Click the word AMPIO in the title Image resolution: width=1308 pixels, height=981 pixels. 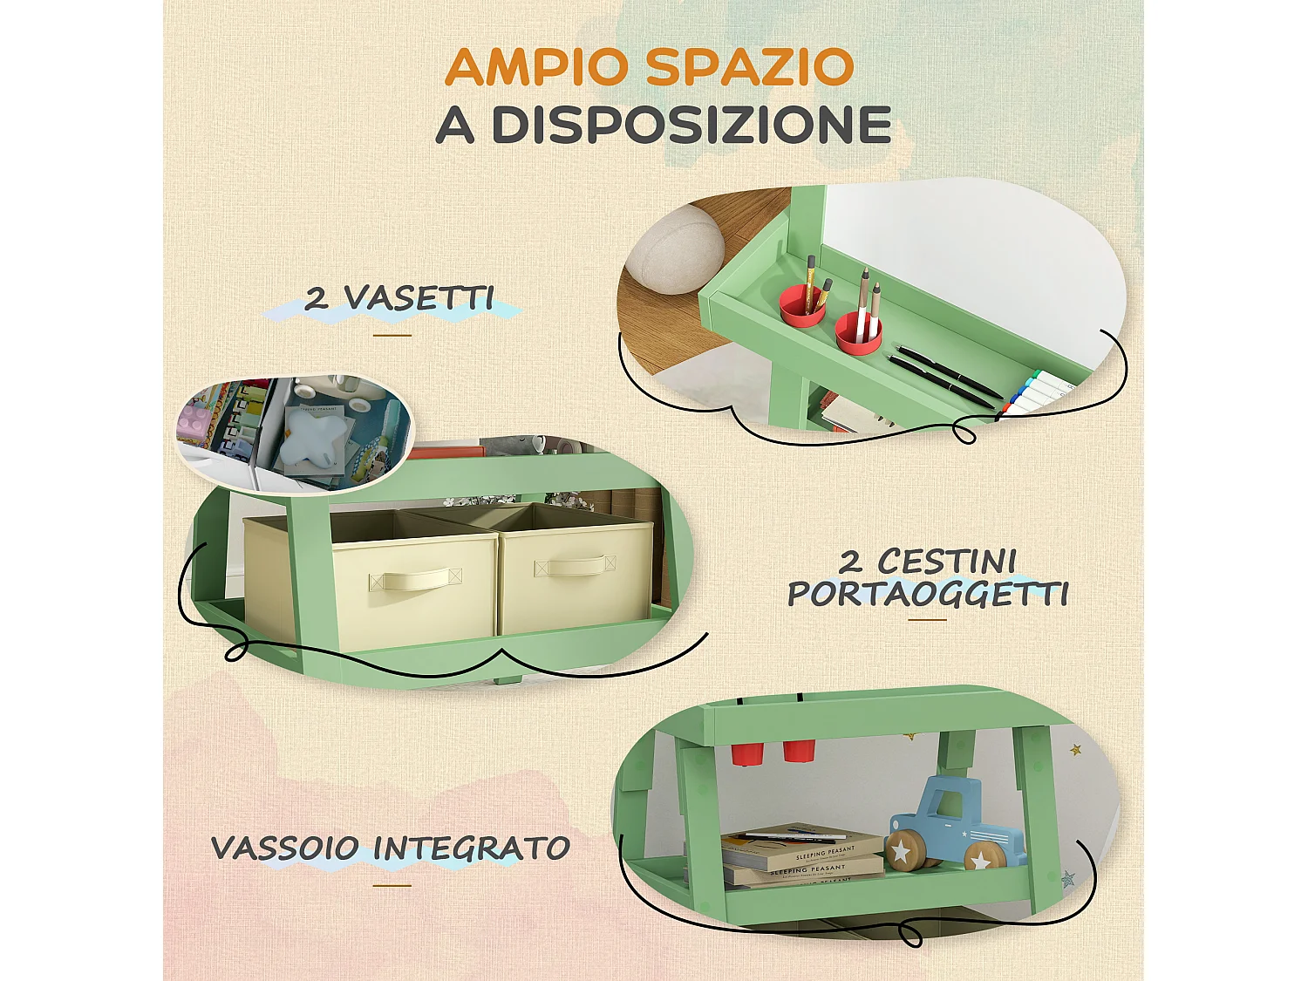(536, 67)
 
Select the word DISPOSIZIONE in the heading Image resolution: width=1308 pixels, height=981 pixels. (691, 125)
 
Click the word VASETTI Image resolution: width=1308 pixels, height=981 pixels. (419, 298)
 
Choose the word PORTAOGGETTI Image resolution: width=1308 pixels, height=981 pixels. (928, 595)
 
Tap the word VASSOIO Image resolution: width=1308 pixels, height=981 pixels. (285, 848)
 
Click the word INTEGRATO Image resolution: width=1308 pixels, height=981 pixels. (472, 848)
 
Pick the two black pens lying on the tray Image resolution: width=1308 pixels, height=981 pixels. (944, 375)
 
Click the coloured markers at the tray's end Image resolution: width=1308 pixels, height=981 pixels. (1036, 393)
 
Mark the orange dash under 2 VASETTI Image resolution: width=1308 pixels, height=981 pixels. (392, 335)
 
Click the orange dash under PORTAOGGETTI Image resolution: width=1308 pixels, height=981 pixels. (927, 620)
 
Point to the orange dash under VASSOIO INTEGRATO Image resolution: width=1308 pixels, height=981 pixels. (392, 885)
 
